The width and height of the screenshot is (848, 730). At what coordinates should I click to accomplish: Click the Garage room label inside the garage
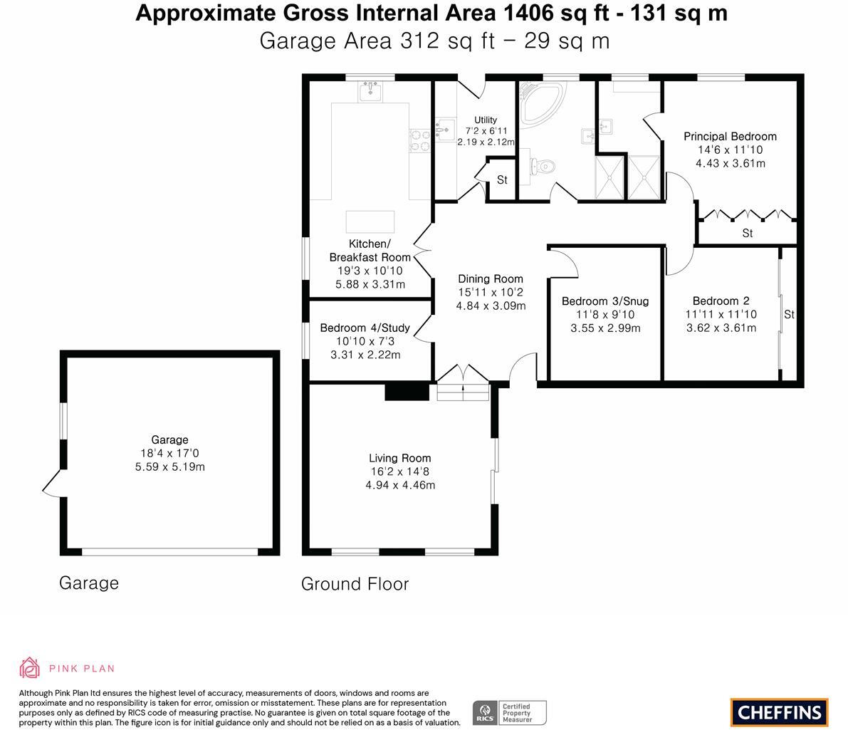(170, 440)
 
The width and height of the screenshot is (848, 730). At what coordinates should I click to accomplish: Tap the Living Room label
(399, 459)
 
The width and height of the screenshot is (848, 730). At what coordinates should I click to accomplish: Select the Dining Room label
(491, 279)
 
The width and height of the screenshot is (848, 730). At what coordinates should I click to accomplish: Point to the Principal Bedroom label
(730, 136)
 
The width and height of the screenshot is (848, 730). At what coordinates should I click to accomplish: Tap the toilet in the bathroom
(543, 166)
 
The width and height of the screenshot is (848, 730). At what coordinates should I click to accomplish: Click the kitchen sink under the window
(370, 91)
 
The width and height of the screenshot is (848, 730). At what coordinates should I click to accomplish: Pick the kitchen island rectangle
(370, 222)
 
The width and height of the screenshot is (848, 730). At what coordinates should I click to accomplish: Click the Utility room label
(486, 120)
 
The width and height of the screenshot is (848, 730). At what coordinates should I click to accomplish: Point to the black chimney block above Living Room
(407, 392)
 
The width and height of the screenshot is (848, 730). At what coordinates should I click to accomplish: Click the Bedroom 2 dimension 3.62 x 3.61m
(721, 328)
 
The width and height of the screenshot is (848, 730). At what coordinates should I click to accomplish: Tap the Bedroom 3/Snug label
(605, 301)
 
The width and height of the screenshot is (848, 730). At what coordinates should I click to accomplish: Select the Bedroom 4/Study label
(365, 328)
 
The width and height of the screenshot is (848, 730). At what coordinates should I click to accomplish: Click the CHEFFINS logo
(780, 712)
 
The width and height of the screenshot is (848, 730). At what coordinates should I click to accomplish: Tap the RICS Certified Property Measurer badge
(510, 713)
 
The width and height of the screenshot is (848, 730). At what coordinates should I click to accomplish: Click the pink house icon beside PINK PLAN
(29, 668)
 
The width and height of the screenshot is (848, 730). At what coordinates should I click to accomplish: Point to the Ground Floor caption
(355, 584)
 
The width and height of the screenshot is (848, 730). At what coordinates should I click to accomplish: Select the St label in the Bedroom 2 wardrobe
(789, 314)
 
